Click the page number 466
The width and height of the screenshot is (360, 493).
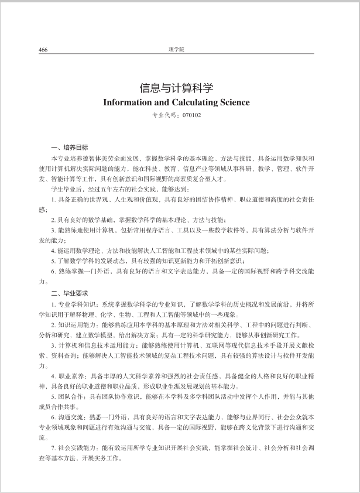pyautogui.click(x=43, y=49)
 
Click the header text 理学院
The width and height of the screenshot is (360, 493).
pyautogui.click(x=176, y=49)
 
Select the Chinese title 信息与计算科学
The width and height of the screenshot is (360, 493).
pyautogui.click(x=176, y=88)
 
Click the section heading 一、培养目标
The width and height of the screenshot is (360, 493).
pyautogui.click(x=70, y=146)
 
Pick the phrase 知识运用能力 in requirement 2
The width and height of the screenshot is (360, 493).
pyautogui.click(x=77, y=324)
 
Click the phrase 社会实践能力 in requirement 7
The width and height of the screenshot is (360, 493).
pyautogui.click(x=77, y=447)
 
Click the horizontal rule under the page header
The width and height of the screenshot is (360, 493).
pyautogui.click(x=176, y=54)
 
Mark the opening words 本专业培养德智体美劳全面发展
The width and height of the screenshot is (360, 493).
pyautogui.click(x=94, y=158)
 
